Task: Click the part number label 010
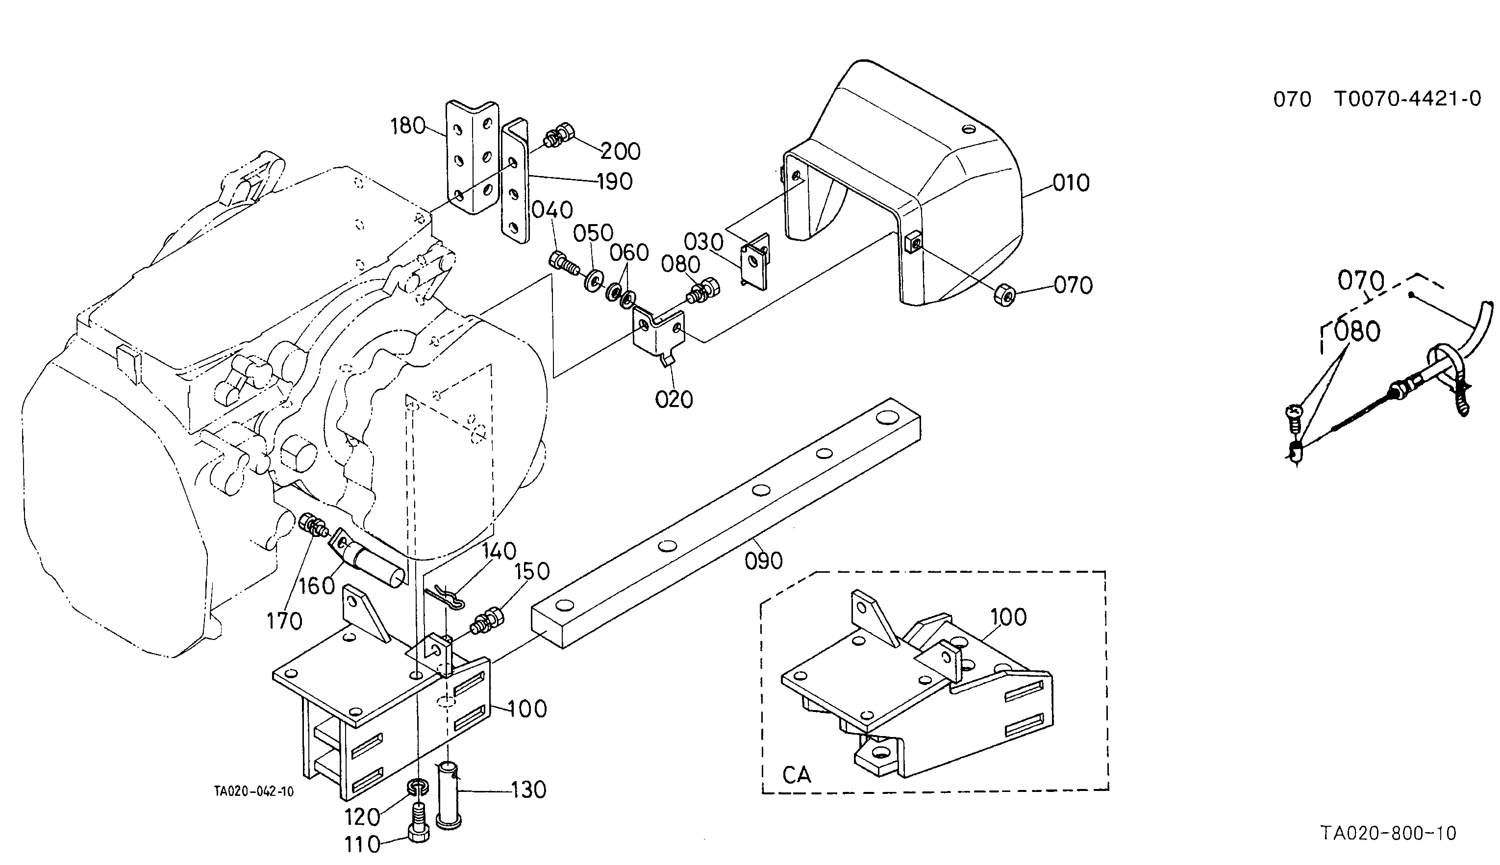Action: (x=1071, y=182)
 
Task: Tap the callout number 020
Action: (x=674, y=399)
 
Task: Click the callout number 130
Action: (x=528, y=789)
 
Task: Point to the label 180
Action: (x=408, y=126)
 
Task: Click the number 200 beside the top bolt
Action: (x=621, y=152)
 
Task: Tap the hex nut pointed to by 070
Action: (x=1004, y=295)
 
